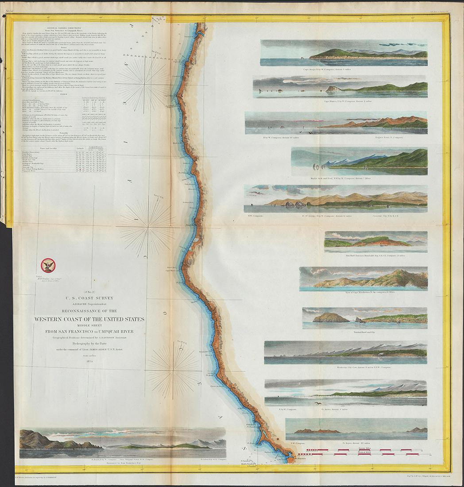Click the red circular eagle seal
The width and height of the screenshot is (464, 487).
tap(47, 265)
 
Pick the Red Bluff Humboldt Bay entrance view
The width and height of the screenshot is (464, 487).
tap(375, 242)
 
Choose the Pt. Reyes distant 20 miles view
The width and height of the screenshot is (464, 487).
tap(356, 426)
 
